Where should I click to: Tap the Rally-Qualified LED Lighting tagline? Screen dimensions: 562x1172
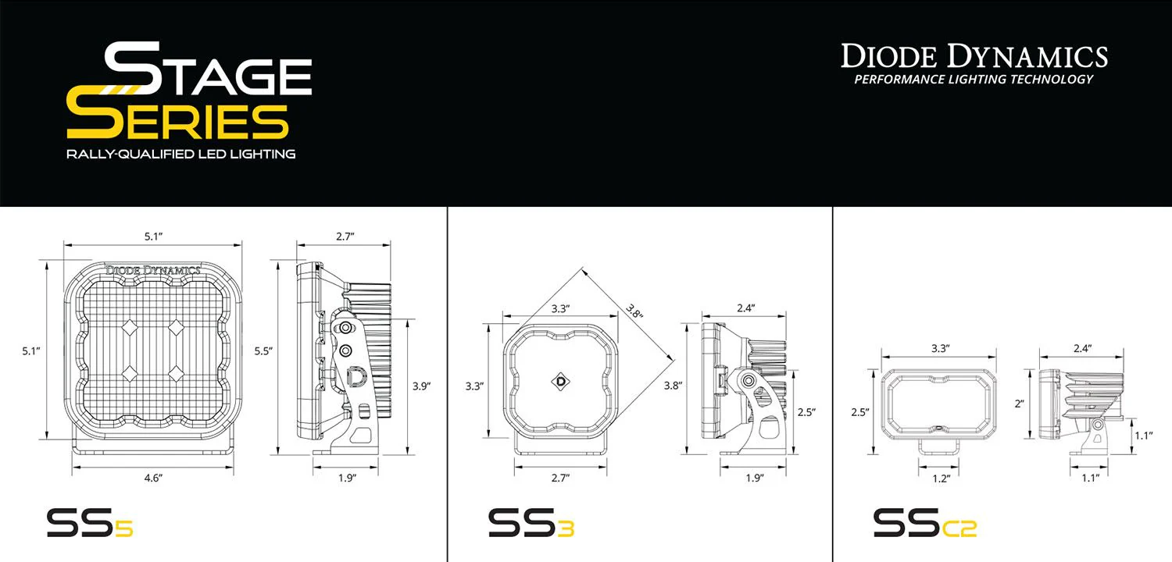point(180,154)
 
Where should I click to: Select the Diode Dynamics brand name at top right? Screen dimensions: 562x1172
point(974,56)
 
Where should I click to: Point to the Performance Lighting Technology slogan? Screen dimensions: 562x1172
point(974,79)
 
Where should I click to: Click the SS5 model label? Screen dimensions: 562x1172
point(89,522)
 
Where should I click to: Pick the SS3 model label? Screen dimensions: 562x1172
point(531,522)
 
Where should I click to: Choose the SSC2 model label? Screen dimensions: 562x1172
point(924,522)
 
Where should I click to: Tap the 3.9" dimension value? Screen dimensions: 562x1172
point(422,386)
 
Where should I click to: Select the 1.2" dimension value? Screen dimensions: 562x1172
point(940,478)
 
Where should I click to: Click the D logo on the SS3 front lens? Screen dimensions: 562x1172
point(561,381)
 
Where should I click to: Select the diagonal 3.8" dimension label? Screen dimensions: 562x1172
point(634,313)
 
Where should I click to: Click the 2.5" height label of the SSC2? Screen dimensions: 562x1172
point(862,412)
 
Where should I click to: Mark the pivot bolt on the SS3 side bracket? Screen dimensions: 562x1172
point(749,381)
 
